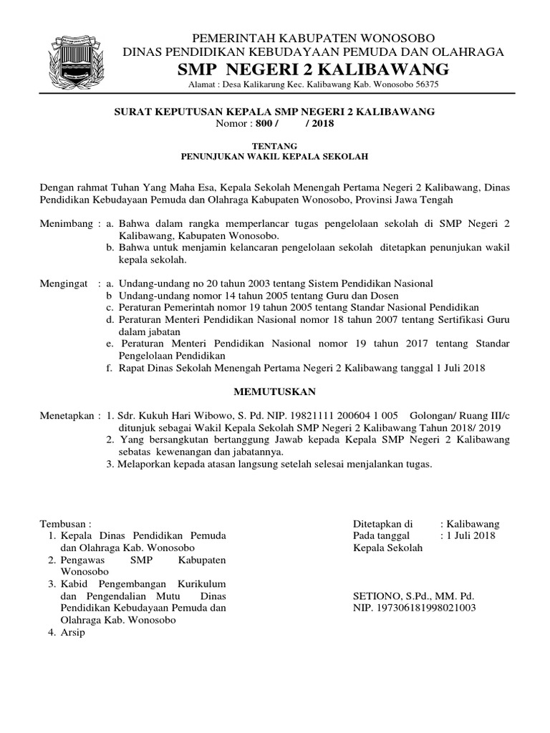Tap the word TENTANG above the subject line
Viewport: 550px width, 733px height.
coord(274,145)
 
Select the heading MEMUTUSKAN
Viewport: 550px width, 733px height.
coord(274,392)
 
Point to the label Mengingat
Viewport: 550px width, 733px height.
coord(64,283)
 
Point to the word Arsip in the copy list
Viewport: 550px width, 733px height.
coord(73,633)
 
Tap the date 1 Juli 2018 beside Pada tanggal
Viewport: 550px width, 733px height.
coord(470,535)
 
